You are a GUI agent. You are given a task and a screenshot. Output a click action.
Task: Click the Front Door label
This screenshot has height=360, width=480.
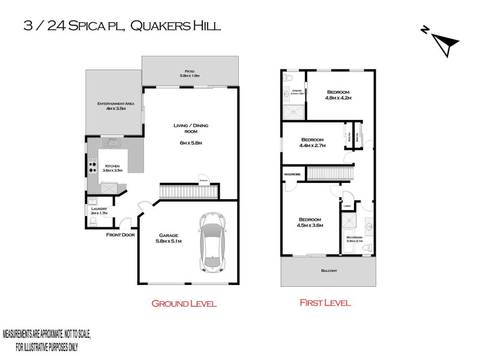click(x=119, y=235)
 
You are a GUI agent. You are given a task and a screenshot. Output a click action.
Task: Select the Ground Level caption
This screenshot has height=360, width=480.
click(x=183, y=304)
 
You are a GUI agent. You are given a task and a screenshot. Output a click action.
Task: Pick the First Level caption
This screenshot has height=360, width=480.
click(x=325, y=303)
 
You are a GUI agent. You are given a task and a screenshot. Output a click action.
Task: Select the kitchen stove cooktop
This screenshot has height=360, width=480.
click(x=93, y=166)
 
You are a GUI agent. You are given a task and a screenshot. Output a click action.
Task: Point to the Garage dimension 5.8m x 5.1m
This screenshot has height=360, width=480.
click(x=168, y=241)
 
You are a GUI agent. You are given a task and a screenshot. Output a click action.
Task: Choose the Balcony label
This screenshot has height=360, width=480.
click(x=329, y=271)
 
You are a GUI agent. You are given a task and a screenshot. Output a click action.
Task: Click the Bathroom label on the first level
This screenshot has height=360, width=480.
click(x=354, y=238)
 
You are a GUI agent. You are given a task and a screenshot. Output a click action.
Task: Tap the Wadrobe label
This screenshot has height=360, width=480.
click(x=293, y=175)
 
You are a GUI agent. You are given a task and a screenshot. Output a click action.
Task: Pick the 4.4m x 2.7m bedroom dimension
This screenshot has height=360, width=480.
click(x=312, y=145)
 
